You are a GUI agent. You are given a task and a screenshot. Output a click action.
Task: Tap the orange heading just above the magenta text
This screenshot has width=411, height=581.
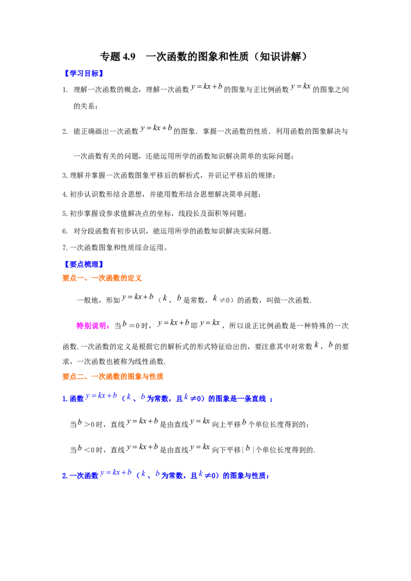[102, 278]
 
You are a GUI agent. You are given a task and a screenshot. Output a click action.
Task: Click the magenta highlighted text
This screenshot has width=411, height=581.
[92, 326]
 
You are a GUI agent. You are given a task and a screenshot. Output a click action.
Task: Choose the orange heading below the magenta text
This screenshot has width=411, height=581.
[113, 377]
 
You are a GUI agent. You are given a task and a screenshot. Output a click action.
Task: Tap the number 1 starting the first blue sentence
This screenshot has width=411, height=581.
[64, 399]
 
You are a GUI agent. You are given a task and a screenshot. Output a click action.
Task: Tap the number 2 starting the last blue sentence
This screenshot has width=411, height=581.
[64, 476]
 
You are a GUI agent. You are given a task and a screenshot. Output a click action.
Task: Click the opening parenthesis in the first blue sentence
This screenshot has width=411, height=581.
[122, 398]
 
